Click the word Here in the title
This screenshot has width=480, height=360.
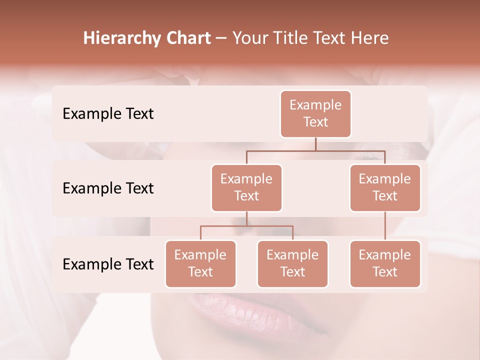[x=369, y=38]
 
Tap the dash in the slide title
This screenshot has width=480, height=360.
[x=221, y=38]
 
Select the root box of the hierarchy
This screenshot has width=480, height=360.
[x=315, y=113]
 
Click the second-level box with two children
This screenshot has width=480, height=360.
[x=246, y=187]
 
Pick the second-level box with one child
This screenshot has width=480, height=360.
[x=385, y=187]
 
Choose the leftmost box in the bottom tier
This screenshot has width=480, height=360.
[x=200, y=263]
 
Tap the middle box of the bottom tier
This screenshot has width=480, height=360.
[x=292, y=263]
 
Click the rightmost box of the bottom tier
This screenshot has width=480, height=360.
[x=385, y=263]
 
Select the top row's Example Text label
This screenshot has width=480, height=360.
[x=108, y=113]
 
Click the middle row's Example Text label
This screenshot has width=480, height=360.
[x=108, y=188]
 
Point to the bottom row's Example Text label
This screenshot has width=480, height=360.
[x=108, y=264]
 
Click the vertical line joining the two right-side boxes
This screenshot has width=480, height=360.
[x=385, y=226]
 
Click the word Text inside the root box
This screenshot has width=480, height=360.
[x=315, y=122]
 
